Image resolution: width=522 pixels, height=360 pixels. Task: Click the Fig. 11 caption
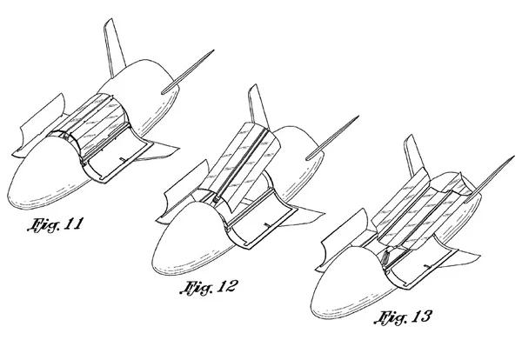click(54, 224)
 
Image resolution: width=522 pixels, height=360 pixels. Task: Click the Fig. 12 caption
click(209, 287)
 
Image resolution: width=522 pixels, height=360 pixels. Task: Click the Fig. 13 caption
click(403, 317)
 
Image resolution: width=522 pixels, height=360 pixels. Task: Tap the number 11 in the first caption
click(72, 223)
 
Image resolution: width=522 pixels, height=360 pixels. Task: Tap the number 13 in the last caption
click(421, 317)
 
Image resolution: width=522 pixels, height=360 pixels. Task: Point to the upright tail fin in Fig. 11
click(114, 47)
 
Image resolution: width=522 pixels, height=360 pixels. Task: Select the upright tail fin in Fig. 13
click(414, 156)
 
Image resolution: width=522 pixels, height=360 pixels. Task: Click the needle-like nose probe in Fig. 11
click(188, 72)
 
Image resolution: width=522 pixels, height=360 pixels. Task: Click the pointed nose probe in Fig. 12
click(332, 138)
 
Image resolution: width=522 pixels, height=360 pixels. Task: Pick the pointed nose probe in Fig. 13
click(489, 179)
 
